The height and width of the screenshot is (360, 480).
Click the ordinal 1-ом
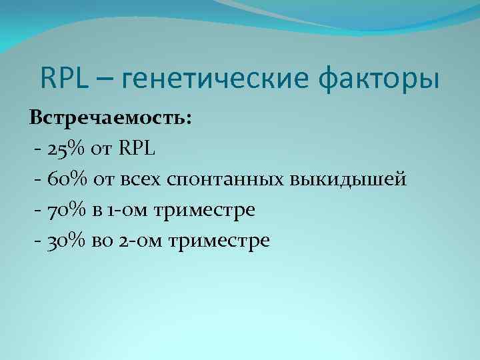coord(128,210)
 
